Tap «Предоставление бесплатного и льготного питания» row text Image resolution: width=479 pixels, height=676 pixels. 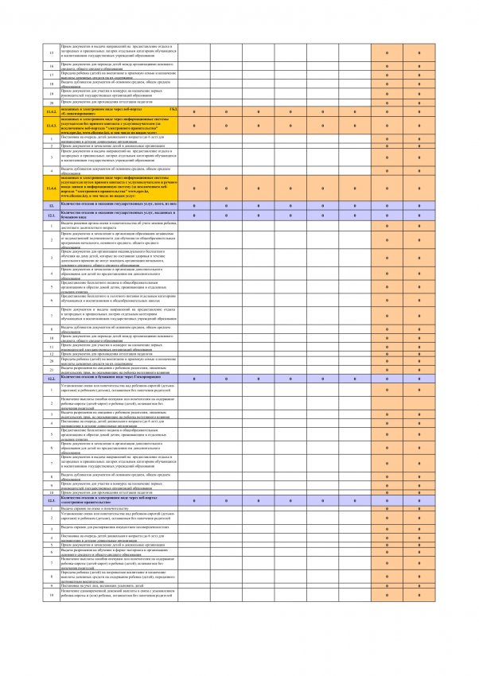(119, 297)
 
